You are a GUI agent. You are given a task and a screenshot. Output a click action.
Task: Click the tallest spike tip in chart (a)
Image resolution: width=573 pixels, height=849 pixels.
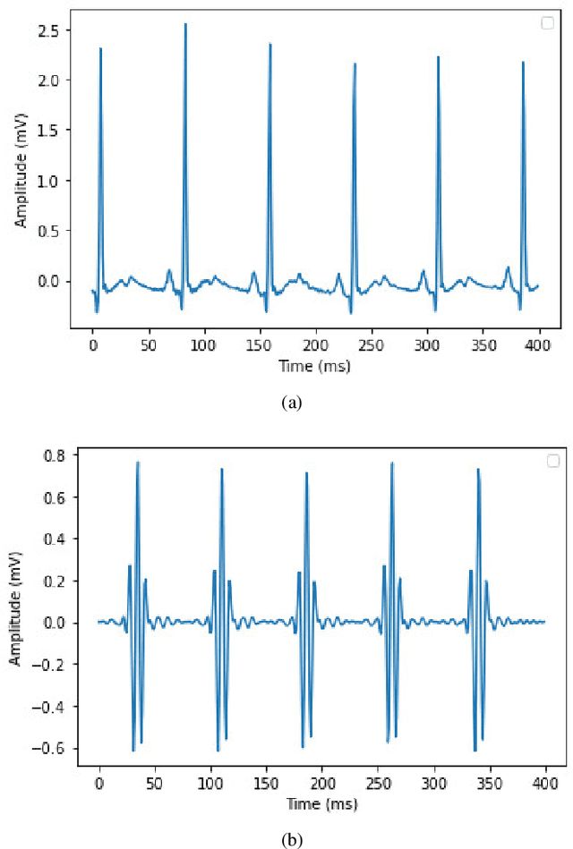pos(185,24)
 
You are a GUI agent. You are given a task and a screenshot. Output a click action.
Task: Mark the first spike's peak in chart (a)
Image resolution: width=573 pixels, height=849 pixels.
pos(100,49)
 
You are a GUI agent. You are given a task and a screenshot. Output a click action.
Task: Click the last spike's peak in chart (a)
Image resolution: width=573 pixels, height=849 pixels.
pos(523,63)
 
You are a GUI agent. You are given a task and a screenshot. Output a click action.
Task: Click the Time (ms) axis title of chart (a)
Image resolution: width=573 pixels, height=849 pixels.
pos(314,367)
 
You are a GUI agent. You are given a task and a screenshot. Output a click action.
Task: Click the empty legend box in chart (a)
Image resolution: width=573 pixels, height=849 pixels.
pos(547,23)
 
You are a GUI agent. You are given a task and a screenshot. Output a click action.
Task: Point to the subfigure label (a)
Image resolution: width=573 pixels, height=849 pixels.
pos(292,404)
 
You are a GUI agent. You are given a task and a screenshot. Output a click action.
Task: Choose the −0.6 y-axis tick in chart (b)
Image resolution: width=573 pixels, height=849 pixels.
pos(56,748)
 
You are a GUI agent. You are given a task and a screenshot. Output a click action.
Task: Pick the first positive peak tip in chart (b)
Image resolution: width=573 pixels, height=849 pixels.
pos(138,462)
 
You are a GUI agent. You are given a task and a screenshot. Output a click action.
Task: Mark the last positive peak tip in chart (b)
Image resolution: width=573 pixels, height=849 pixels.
pos(477,468)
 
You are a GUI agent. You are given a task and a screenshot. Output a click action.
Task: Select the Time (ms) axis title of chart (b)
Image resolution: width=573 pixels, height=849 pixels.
pos(321,803)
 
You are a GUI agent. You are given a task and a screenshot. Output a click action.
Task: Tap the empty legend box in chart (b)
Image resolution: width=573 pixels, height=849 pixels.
pos(552,461)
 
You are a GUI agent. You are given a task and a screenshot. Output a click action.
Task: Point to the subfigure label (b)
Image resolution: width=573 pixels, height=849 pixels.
pos(292,838)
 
